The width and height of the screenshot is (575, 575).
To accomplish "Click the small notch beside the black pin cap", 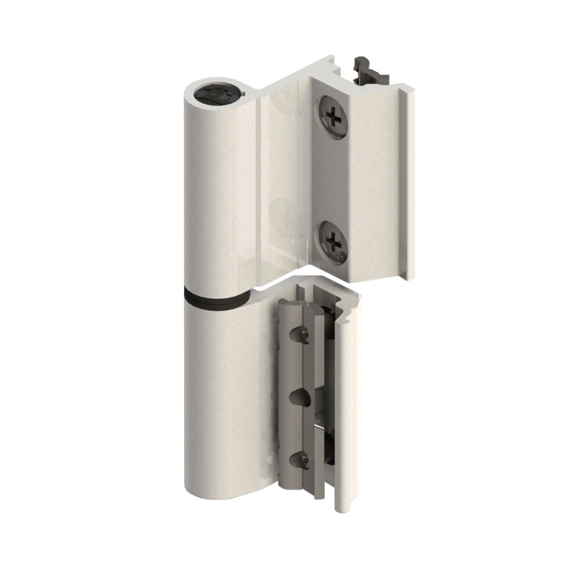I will click(245, 93).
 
